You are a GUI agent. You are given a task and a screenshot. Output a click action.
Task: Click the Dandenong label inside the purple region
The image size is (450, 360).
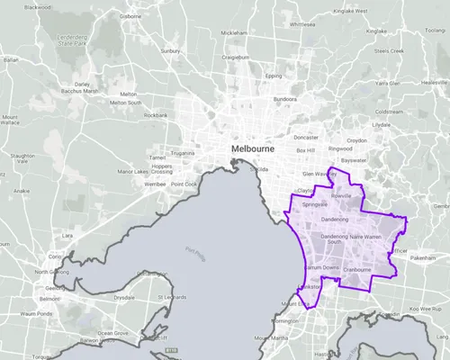pos(334,220)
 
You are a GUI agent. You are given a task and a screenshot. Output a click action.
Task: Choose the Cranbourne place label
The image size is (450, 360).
pos(357,269)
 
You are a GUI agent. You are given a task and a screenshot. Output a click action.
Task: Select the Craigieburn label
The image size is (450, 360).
pos(236,57)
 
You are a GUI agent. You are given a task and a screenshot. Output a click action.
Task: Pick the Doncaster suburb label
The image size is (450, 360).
pos(307,138)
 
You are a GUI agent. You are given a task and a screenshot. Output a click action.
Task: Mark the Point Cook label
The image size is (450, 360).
pos(184,184)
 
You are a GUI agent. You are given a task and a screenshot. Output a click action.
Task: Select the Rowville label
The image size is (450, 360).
pos(341,194)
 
